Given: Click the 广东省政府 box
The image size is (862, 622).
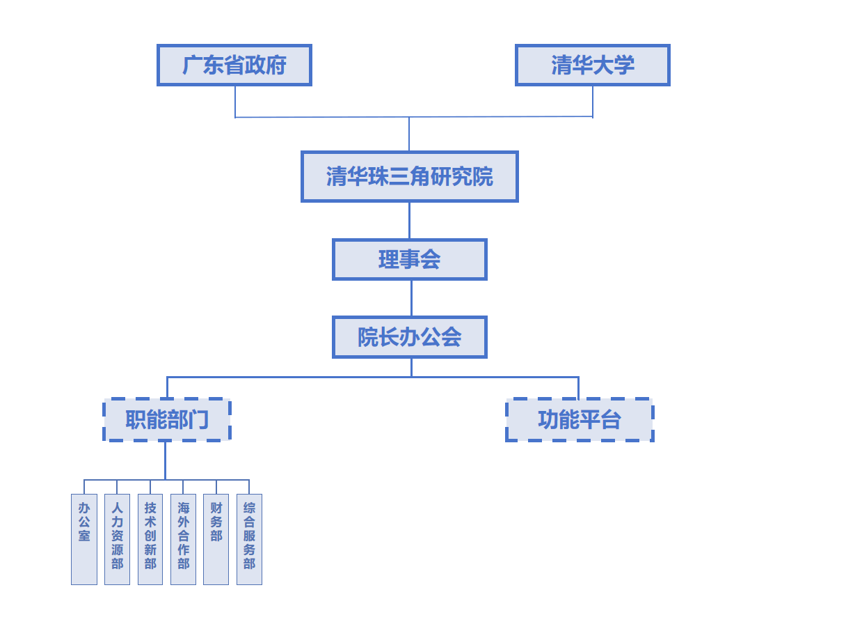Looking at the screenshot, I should pos(234,65).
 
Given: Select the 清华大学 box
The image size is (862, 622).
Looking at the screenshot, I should pos(592,65).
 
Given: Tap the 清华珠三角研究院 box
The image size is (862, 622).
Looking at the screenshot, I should pos(409,176).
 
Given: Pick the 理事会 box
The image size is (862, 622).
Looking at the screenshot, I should pos(409,260).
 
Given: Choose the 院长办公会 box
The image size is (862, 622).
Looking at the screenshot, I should pos(409,337).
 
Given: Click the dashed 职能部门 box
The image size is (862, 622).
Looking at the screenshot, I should pos(167,420).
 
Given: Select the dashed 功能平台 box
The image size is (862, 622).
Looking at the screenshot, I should pos(579,420).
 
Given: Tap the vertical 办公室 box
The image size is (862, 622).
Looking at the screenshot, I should pos(84,539).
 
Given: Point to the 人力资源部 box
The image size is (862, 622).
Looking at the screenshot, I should pos(117,539).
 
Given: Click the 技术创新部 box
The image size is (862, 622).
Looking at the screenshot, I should pos(150,539).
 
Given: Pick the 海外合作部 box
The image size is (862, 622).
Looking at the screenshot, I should pos(183,539).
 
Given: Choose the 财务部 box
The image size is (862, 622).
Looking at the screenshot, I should pos(216,539).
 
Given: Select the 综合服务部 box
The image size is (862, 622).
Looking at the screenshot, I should pos(249,539).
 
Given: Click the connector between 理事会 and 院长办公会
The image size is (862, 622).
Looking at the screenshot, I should pos(411,298).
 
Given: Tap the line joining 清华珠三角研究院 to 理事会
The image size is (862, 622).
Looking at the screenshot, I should pos(409,221).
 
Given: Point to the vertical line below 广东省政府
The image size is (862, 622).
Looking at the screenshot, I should pos(235,102).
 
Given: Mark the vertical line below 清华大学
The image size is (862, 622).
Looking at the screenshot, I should pos(593,102).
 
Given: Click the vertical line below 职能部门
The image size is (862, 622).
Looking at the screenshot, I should pos(165,460).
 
